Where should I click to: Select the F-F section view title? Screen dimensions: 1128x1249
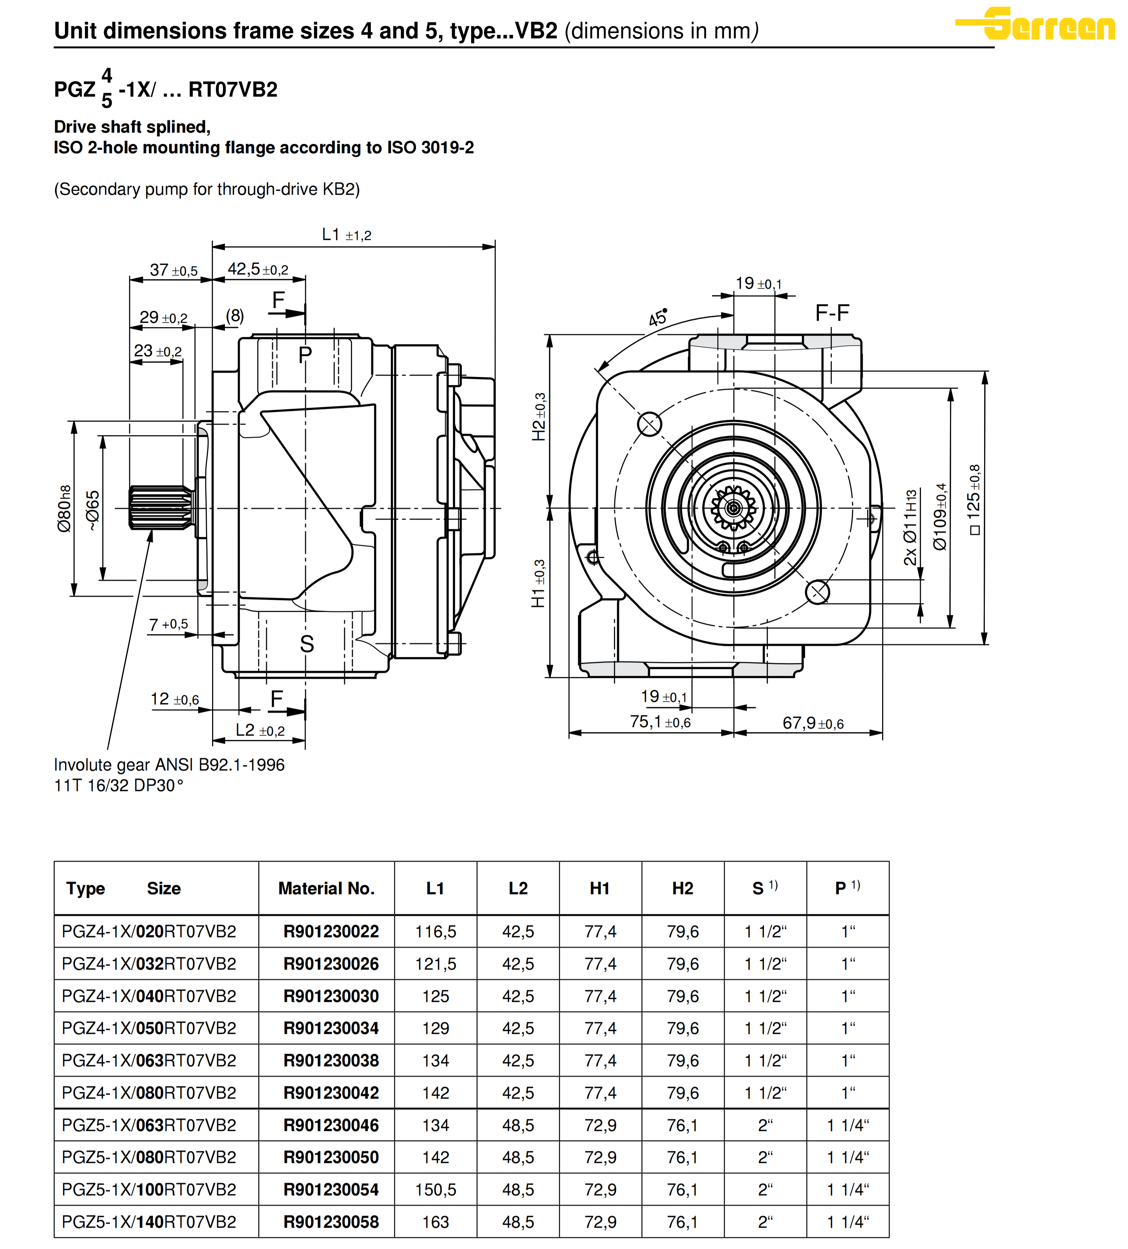[832, 313]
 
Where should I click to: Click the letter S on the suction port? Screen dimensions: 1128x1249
[307, 644]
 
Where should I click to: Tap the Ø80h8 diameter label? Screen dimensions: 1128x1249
[64, 508]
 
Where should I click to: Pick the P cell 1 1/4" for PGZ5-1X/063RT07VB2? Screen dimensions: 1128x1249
[848, 1125]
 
